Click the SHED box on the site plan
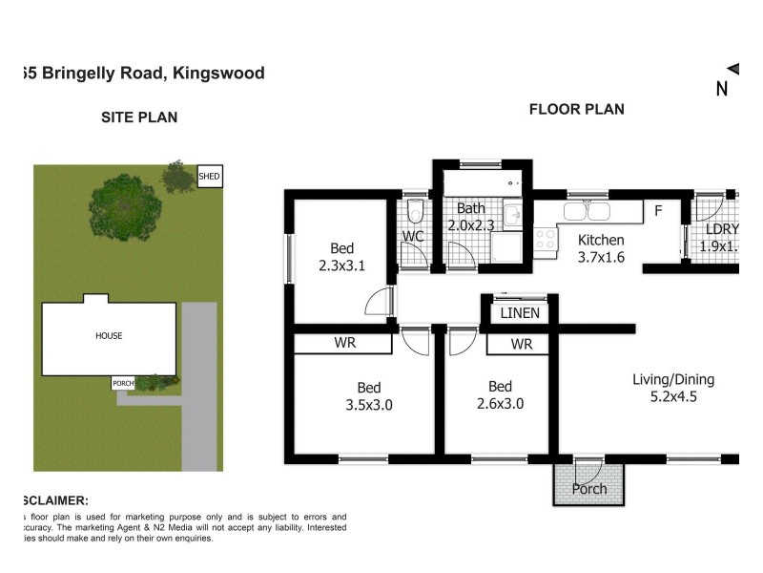pos(209,176)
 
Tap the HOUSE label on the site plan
pos(108,335)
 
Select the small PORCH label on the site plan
pos(123,383)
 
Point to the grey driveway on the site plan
pos(199,382)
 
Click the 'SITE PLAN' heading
pos(139,117)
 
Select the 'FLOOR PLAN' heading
pos(576,109)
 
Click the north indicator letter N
pos(722,90)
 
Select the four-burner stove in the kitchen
pos(545,239)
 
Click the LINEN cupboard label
pos(520,313)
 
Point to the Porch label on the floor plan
pos(588,489)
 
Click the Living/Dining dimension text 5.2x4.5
pos(672,398)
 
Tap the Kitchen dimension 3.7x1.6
pos(601,257)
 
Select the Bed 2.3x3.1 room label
pos(342,256)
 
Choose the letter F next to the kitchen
pos(658,210)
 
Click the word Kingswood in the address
pos(218,73)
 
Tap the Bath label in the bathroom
pos(471,208)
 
